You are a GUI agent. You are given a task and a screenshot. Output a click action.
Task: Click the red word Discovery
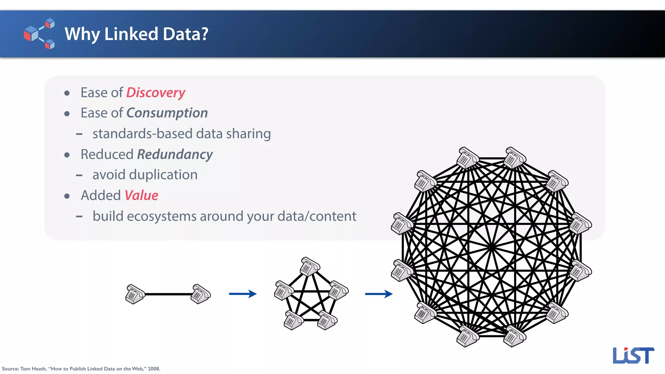point(156,93)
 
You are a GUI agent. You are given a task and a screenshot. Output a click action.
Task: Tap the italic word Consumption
point(167,113)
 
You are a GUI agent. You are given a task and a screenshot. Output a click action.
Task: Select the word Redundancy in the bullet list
point(175,155)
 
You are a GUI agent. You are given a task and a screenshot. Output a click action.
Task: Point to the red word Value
point(141,196)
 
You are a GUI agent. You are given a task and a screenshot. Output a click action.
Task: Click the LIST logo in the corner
point(633,355)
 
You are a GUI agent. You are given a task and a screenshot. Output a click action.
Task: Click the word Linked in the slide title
point(131,34)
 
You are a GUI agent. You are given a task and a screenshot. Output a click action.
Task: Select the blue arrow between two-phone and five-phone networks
point(243,294)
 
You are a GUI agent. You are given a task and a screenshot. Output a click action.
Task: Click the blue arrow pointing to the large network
point(379,294)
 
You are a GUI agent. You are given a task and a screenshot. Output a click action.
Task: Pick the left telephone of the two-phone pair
point(135,294)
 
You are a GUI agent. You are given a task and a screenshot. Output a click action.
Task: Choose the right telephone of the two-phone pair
point(201,294)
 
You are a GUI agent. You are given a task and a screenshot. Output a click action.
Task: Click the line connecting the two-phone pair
point(168,294)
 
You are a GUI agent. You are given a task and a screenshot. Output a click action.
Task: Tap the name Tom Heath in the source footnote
point(33,369)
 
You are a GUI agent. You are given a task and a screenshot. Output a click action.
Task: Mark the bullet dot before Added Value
point(67,196)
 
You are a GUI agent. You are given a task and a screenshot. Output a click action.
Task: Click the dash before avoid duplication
point(79,175)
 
